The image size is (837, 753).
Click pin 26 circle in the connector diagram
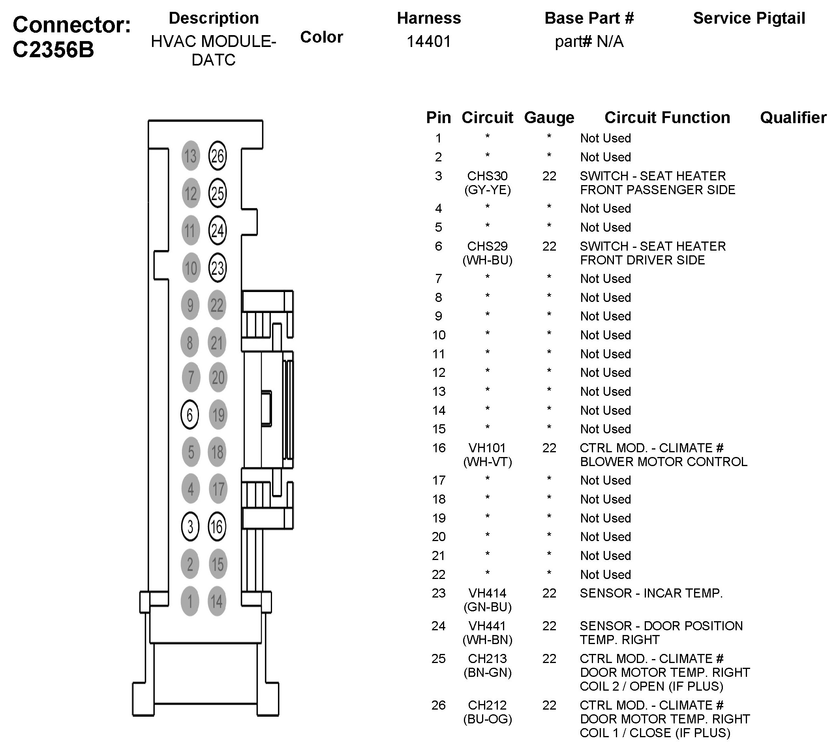point(217,156)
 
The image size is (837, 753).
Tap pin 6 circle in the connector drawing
point(190,414)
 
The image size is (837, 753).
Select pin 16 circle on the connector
point(217,527)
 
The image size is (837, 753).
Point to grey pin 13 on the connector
point(190,156)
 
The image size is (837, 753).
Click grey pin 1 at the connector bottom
point(190,601)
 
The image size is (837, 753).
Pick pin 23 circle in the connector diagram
point(217,268)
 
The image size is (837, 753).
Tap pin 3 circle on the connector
point(190,527)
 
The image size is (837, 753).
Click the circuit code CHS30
point(487,176)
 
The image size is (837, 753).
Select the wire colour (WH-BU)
point(487,260)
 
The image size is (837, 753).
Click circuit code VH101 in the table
point(487,448)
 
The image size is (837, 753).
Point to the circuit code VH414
point(487,593)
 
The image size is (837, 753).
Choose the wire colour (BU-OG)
point(487,719)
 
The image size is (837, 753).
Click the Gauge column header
point(549,118)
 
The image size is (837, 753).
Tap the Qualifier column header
point(793,118)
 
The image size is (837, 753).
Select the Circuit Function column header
point(667,118)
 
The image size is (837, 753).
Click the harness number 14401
point(428,41)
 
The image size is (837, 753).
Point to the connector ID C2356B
point(53,50)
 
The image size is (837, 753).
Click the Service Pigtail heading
point(749,18)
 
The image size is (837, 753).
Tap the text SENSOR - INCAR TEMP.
point(651,593)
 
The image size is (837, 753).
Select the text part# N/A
point(589,41)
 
